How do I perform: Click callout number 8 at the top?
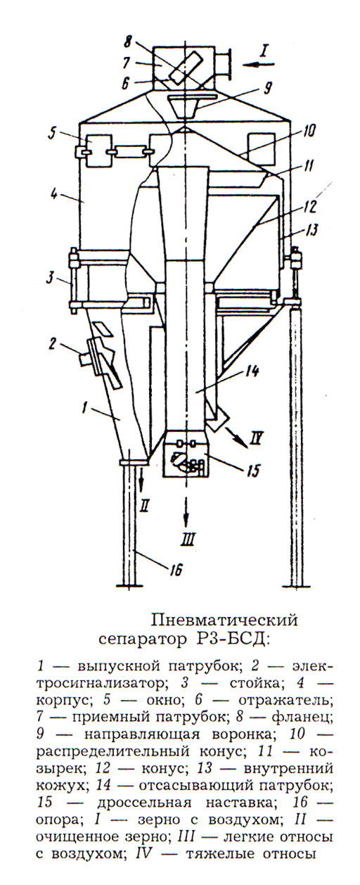tap(130, 40)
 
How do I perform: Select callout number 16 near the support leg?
tap(176, 569)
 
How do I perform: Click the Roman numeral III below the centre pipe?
tap(187, 539)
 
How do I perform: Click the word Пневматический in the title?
tap(224, 620)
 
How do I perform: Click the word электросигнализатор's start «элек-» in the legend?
tap(312, 668)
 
